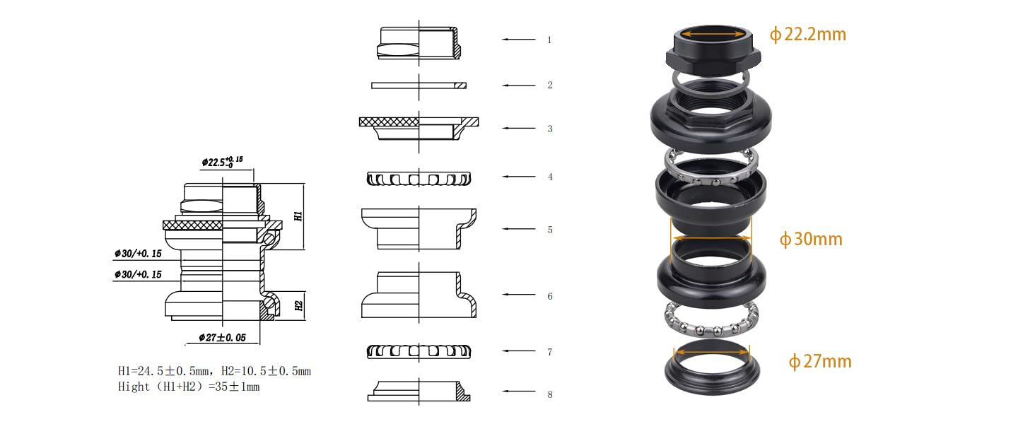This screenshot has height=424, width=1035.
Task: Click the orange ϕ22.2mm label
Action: pyautogui.click(x=807, y=34)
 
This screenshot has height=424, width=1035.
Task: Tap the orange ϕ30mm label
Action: pyautogui.click(x=811, y=240)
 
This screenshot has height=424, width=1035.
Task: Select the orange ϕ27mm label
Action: pyautogui.click(x=819, y=361)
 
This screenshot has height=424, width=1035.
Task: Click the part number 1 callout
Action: pyautogui.click(x=549, y=40)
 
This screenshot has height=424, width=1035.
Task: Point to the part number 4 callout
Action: pyautogui.click(x=550, y=177)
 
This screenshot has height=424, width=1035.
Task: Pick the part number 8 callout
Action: pyautogui.click(x=550, y=394)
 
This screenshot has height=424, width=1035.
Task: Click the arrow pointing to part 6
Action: pyautogui.click(x=519, y=294)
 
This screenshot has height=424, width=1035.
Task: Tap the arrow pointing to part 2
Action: pyautogui.click(x=519, y=86)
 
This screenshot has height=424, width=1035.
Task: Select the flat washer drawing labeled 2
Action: pyautogui.click(x=419, y=86)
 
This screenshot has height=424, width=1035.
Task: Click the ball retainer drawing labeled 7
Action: pyautogui.click(x=419, y=352)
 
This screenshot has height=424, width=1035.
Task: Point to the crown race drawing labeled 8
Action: pyautogui.click(x=419, y=391)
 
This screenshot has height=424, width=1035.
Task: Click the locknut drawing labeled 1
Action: pyautogui.click(x=419, y=43)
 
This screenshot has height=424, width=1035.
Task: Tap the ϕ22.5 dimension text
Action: pyautogui.click(x=222, y=162)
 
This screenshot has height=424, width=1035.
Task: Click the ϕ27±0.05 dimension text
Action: pyautogui.click(x=222, y=338)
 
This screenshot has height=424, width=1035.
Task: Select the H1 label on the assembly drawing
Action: pyautogui.click(x=298, y=216)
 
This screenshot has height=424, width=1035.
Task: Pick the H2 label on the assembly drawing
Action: pyautogui.click(x=298, y=305)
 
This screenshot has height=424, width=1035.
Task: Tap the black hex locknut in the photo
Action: pyautogui.click(x=713, y=50)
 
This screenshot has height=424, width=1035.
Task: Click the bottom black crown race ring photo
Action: pyautogui.click(x=712, y=368)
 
